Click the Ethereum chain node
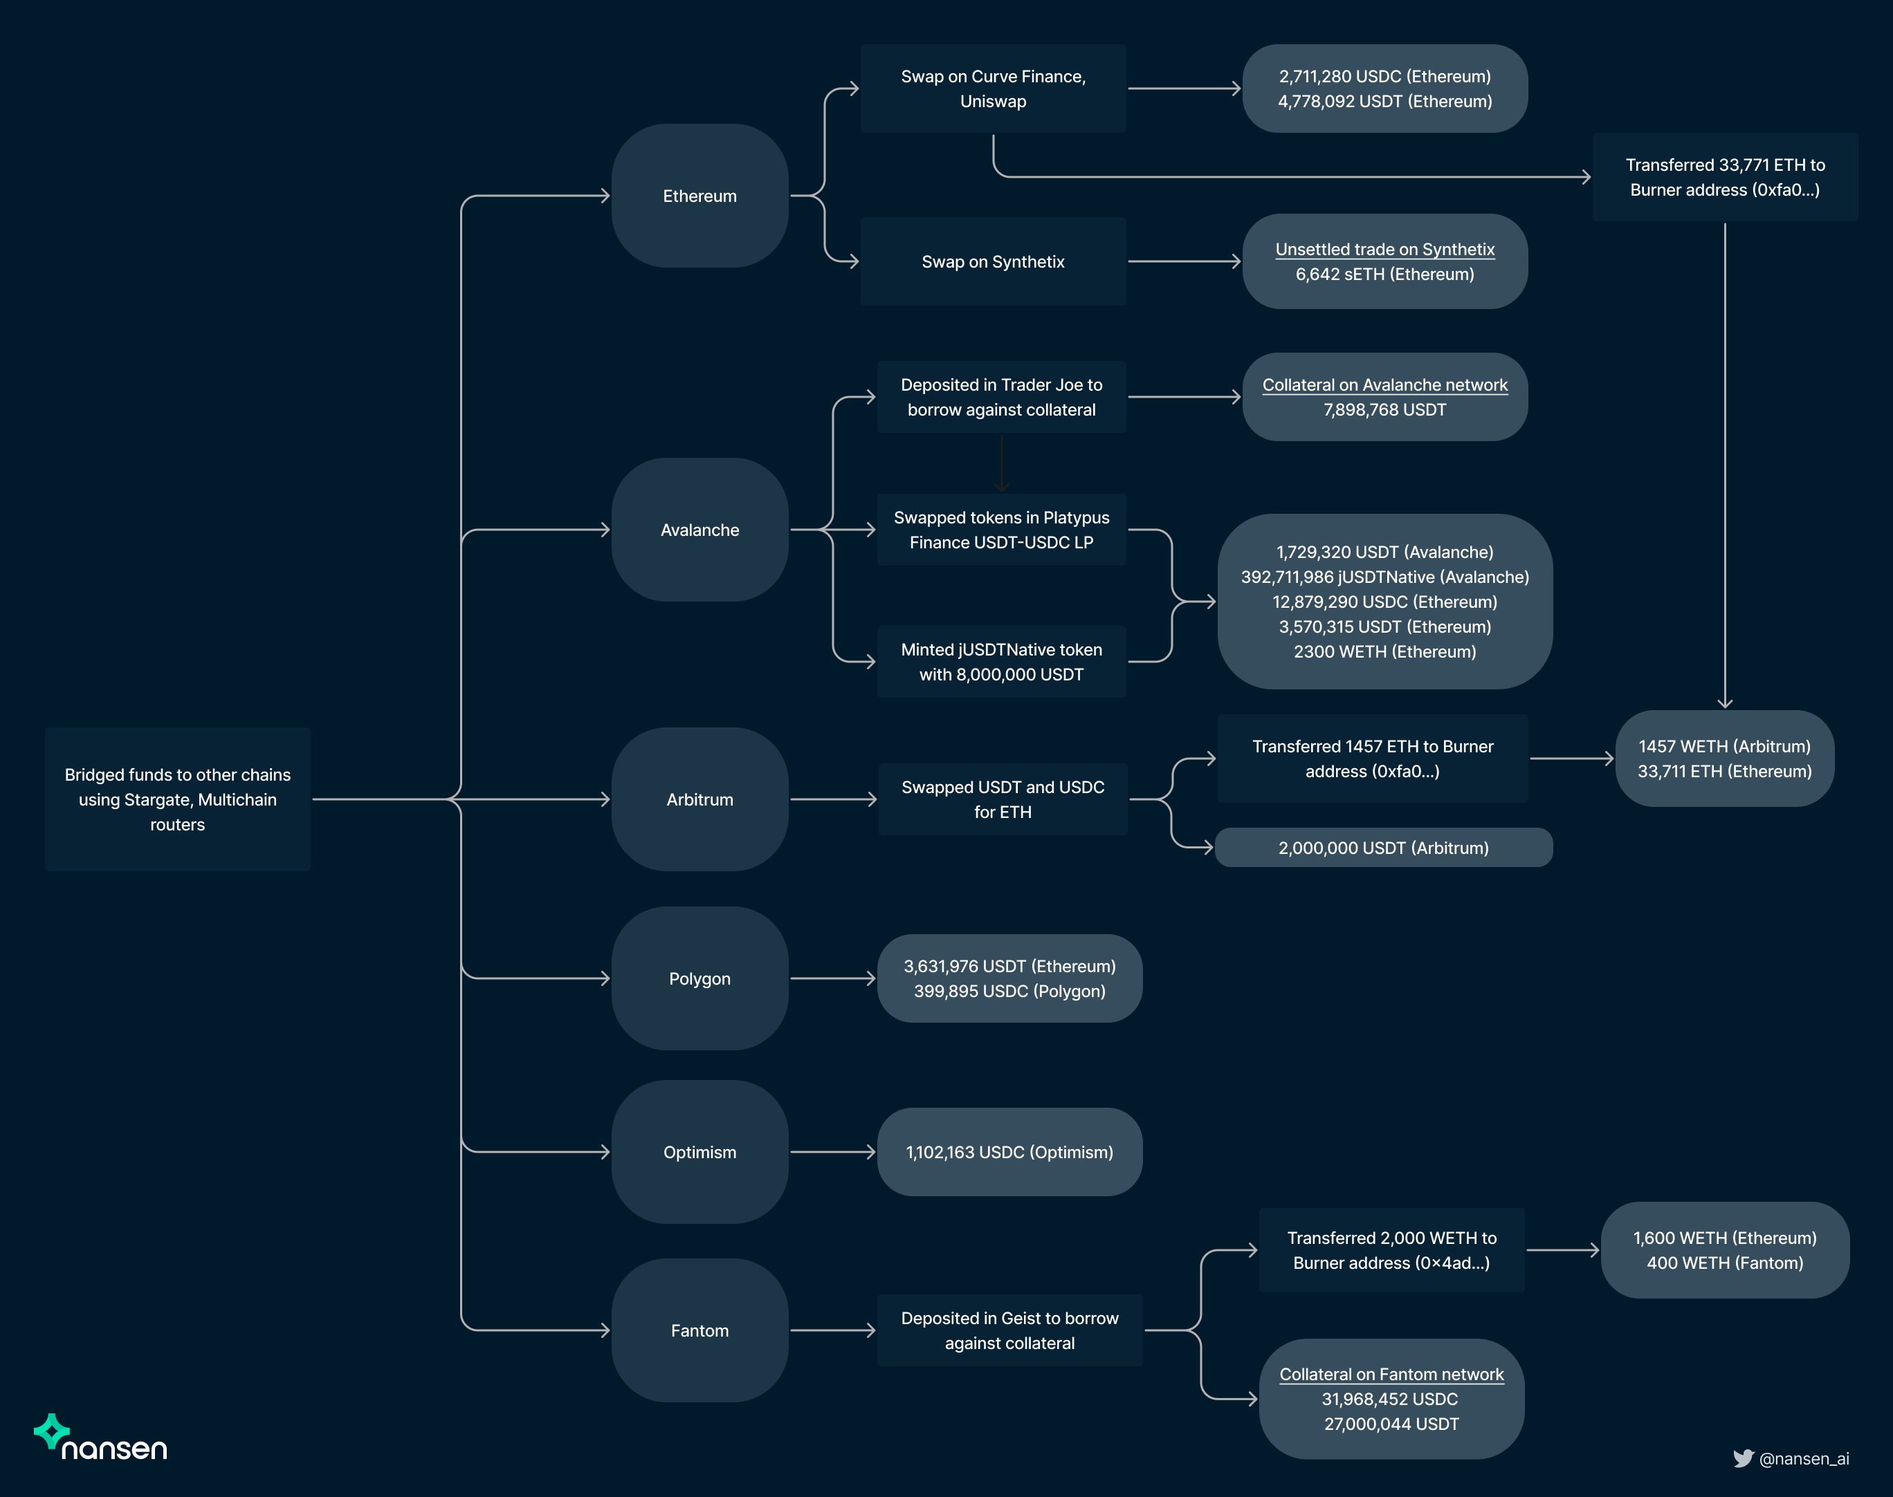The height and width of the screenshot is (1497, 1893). pos(699,196)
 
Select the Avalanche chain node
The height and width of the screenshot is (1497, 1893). pos(699,530)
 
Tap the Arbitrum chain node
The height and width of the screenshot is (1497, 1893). pos(699,799)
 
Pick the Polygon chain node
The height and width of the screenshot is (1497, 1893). pos(699,978)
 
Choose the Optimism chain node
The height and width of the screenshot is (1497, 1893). pos(699,1152)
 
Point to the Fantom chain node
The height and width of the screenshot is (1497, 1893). pos(699,1330)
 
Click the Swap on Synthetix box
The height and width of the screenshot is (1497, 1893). pos(993,261)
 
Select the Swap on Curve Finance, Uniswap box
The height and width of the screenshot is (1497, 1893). pos(993,89)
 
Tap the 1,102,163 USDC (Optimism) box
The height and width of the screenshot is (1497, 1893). pos(1009,1152)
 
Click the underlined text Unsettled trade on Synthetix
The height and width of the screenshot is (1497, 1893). pos(1384,249)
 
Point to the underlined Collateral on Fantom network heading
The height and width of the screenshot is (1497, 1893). pos(1391,1375)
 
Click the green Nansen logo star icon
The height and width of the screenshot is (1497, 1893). pos(51,1431)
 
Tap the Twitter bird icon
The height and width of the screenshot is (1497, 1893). pos(1742,1458)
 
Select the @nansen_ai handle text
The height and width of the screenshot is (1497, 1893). pos(1804,1458)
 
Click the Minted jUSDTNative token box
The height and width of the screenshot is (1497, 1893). pos(1001,662)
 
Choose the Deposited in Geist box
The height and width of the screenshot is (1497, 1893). pos(1009,1330)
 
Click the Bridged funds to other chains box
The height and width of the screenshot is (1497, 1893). pos(177,799)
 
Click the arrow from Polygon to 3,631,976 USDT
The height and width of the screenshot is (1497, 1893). pos(832,978)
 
